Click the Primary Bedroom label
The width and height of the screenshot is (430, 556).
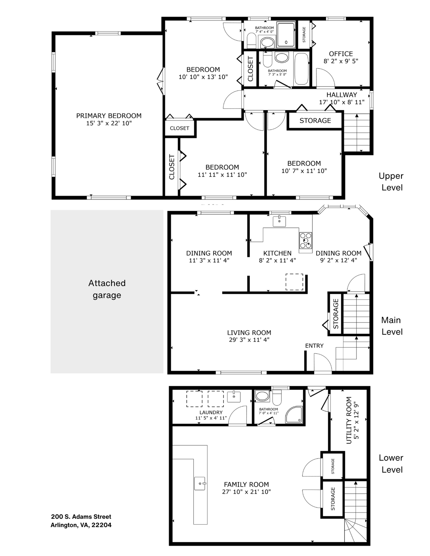tap(109, 116)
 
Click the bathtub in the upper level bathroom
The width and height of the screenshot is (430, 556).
tap(301, 68)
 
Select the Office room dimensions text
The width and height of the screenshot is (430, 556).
tap(341, 61)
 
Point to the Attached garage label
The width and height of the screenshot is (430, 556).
tap(107, 289)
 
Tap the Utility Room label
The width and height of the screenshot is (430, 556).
tap(349, 420)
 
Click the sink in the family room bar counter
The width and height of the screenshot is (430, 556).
tap(200, 483)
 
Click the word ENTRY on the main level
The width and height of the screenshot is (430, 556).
tap(314, 346)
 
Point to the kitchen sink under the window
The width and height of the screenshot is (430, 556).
tap(279, 221)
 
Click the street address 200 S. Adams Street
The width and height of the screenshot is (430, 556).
tap(81, 517)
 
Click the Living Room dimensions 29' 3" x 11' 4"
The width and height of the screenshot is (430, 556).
tap(249, 340)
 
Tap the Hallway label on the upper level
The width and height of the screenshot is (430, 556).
tap(342, 95)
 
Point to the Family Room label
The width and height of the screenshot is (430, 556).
tap(246, 484)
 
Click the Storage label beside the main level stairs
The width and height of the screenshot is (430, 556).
tap(335, 313)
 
